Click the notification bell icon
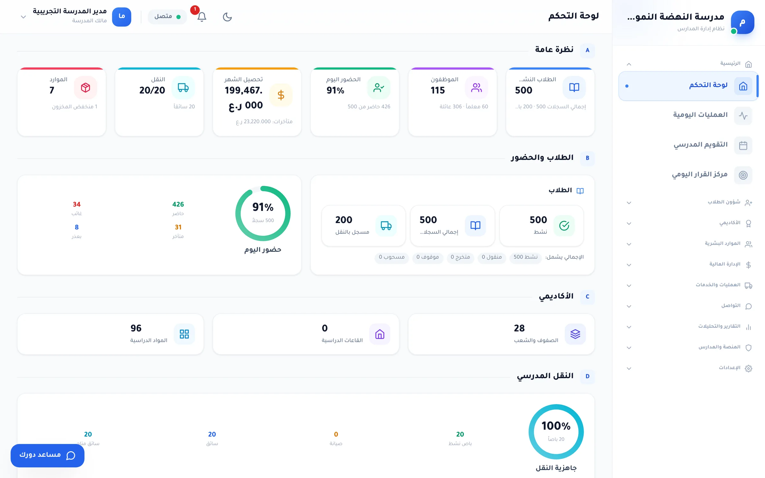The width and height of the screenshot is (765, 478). pos(202,17)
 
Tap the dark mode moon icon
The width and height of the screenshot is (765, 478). pos(227,17)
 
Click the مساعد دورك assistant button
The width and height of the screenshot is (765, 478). pos(47,455)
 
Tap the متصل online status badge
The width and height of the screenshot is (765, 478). pos(167,17)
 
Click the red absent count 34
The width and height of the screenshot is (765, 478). pos(76,204)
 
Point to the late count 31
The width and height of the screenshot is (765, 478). pos(178,227)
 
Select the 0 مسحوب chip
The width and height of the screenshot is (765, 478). pos(391,257)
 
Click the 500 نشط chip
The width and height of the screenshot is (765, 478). pos(525,257)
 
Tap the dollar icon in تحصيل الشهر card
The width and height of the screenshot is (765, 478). pos(281,95)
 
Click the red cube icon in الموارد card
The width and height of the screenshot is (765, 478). pos(85,87)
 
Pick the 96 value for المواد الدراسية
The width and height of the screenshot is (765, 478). pos(136,328)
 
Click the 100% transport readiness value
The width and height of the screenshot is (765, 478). pos(556,426)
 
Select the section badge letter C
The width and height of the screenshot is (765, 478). pos(587,297)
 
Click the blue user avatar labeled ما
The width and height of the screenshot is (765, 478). pos(121,17)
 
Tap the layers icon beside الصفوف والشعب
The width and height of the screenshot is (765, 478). pos(575,334)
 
